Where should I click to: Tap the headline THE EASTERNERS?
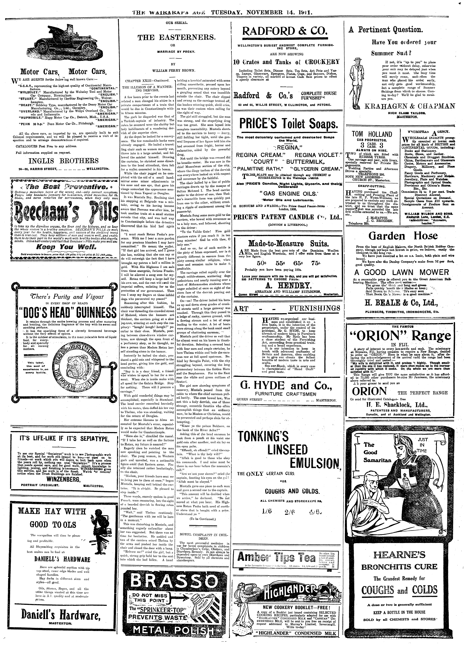177,37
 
